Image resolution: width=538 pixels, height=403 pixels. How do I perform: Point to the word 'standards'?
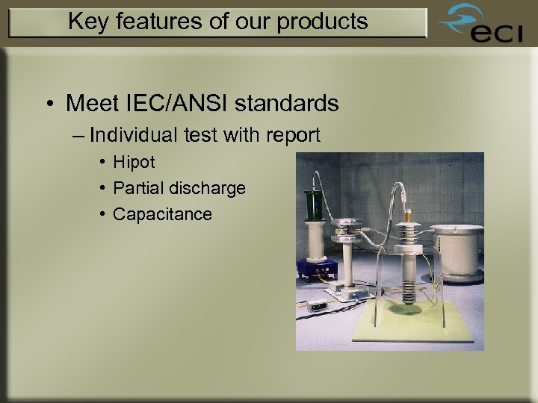[293, 103]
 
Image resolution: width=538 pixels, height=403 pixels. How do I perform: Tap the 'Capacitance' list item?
[162, 214]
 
